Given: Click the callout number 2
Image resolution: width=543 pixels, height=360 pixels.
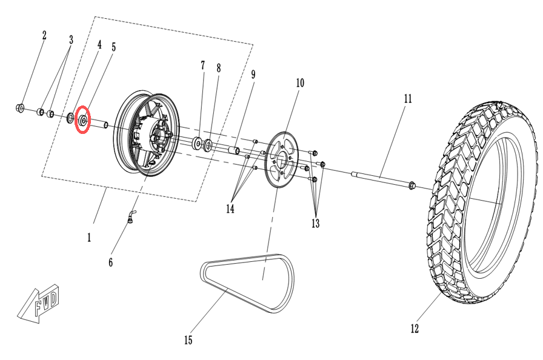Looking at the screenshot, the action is [44, 35].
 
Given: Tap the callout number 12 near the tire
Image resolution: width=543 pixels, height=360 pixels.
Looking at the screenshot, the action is [415, 328].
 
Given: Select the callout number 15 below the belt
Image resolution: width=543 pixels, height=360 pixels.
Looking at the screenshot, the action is [188, 340].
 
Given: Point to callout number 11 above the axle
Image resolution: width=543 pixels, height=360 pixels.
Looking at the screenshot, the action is [408, 99].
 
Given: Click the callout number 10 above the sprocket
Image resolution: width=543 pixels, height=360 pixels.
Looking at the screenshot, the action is [300, 83].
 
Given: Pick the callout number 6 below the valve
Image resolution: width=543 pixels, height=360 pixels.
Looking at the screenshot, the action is [110, 262].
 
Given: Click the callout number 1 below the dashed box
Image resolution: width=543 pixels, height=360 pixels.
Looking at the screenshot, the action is [89, 238].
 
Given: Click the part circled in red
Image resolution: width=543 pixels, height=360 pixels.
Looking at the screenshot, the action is [83, 121].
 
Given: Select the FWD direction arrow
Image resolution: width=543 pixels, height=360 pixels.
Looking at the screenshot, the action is [38, 304].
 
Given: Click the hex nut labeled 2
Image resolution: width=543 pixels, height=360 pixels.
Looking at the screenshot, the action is [20, 108].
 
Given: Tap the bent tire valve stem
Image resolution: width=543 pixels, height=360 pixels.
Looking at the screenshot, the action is [132, 218].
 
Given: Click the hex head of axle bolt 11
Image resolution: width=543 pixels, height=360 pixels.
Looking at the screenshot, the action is [411, 185].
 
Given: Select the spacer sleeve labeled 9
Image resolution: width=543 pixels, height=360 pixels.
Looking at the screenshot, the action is [234, 151].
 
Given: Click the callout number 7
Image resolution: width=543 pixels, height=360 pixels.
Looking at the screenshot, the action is [202, 65].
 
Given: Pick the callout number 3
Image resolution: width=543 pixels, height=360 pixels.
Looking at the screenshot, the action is [71, 40].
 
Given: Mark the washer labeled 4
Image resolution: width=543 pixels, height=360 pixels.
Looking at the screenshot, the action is [70, 118].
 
